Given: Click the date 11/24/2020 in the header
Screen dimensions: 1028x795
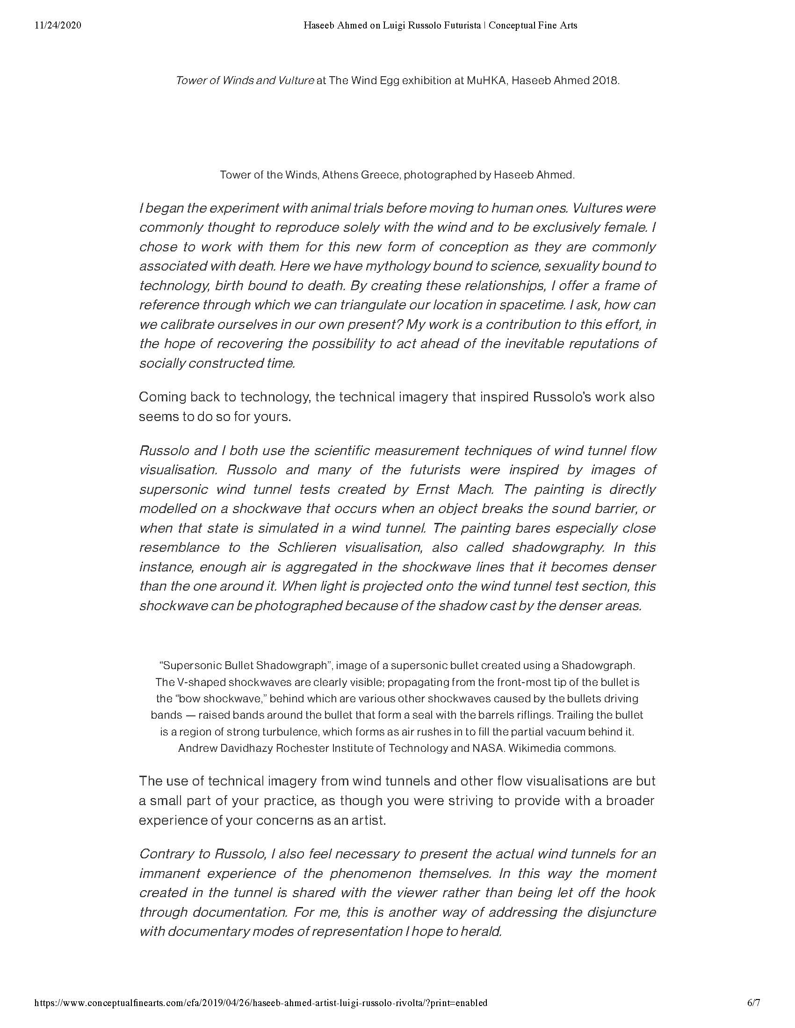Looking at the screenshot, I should point(58,25).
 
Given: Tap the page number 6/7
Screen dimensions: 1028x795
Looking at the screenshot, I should point(753,1003).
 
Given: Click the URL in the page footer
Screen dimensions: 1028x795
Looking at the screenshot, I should point(261,1003).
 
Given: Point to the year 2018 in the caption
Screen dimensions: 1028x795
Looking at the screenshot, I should point(605,80).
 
